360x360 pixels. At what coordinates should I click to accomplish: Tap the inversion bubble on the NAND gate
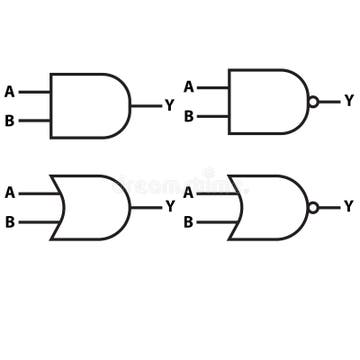313,101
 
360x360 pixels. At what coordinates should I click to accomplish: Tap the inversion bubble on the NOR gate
313,207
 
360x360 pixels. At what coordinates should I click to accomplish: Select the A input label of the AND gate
10,92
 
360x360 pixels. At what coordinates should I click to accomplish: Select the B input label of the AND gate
10,121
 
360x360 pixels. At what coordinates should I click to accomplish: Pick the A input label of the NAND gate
188,88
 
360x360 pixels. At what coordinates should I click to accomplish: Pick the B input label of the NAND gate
188,116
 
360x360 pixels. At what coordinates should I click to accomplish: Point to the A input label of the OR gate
10,193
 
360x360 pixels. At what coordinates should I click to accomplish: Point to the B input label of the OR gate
10,222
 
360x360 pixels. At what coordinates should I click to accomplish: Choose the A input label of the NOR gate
188,193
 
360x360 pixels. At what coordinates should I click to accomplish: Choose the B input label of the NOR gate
188,222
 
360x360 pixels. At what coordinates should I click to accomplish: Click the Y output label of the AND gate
169,105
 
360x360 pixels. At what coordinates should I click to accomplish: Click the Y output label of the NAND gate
348,101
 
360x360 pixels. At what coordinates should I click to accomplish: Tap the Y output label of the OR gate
169,207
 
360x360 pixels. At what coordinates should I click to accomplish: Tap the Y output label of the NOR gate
348,207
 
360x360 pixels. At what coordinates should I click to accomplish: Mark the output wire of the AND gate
145,105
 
